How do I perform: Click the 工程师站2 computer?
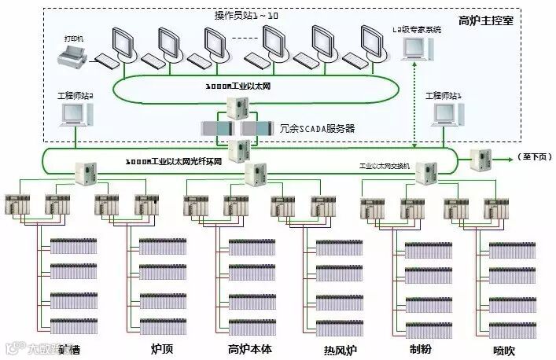(75, 113)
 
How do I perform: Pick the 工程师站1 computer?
(444, 113)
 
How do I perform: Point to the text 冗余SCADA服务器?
(317, 127)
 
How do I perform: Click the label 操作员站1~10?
(245, 16)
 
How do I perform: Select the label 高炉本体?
(249, 348)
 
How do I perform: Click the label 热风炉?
(341, 348)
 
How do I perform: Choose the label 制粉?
(421, 348)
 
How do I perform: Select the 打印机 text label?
(74, 38)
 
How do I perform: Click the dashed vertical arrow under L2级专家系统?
(414, 102)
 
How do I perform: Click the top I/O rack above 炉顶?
(163, 246)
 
